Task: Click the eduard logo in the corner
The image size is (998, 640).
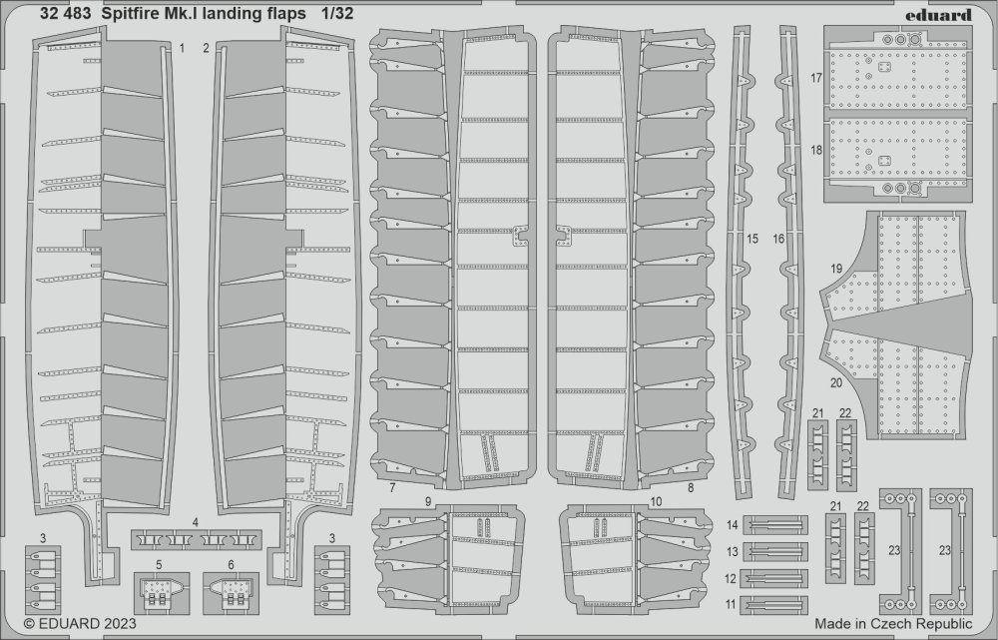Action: click(943, 15)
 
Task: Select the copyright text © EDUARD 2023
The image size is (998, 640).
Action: click(80, 623)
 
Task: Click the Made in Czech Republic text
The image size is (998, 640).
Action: click(893, 623)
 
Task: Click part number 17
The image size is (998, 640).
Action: click(816, 78)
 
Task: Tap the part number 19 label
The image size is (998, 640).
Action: click(836, 269)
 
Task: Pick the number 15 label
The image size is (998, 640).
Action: click(752, 239)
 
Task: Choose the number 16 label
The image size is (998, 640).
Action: click(778, 239)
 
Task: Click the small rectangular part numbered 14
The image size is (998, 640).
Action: click(775, 525)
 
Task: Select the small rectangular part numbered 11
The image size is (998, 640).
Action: click(774, 604)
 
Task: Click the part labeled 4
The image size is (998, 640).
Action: click(196, 540)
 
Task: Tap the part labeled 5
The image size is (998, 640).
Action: click(162, 593)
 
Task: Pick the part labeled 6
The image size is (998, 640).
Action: click(231, 593)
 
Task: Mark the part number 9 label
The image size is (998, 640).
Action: click(428, 502)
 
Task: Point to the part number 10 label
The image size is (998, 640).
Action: click(656, 502)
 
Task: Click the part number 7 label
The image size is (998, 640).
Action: click(392, 488)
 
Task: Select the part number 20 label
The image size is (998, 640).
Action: click(836, 383)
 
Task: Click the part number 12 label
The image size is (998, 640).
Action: click(731, 579)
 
